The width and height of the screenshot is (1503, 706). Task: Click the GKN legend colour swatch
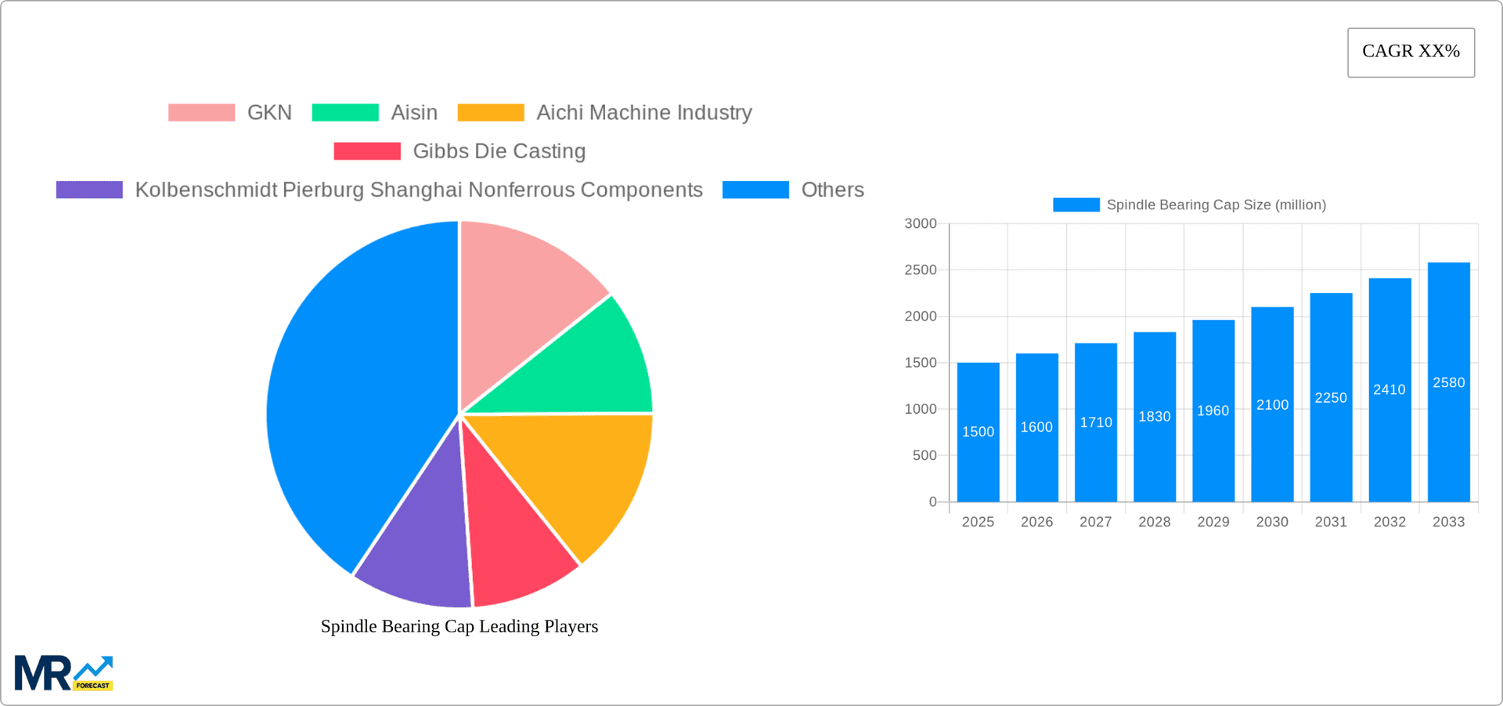(201, 113)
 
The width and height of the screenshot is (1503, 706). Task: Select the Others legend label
(832, 190)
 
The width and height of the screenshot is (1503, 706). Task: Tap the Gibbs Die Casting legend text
(499, 151)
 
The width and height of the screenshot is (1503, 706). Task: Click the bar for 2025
(978, 462)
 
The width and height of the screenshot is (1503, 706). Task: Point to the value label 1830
(1155, 417)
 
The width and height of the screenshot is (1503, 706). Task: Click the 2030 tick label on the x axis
(1272, 522)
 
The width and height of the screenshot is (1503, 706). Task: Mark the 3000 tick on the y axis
(921, 224)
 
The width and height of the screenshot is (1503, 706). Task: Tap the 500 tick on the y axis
(925, 455)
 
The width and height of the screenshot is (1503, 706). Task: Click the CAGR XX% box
(1411, 52)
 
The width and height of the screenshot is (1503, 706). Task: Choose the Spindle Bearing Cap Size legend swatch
(1076, 205)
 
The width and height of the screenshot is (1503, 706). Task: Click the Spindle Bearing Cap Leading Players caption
(460, 626)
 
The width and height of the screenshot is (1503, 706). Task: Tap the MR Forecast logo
(63, 673)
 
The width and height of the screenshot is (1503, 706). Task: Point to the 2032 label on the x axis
(1389, 522)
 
